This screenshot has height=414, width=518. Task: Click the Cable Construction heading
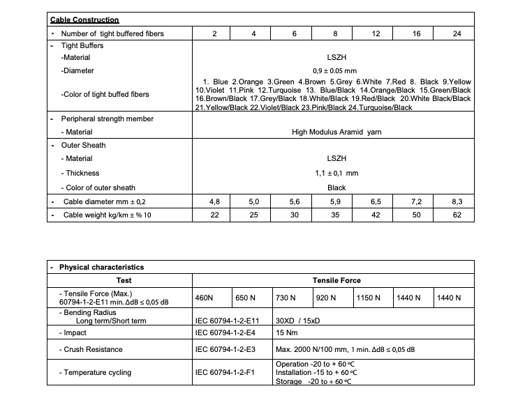[84, 20]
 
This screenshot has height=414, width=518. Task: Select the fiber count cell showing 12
[376, 33]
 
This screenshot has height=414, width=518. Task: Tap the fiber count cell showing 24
[457, 33]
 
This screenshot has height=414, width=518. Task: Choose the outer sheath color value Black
[336, 187]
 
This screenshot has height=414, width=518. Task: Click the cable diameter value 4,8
[214, 201]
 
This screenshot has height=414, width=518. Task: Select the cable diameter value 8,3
[457, 201]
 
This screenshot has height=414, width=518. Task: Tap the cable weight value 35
[335, 215]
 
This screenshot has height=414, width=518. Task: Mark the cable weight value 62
[457, 215]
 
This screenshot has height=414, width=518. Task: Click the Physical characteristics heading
[101, 267]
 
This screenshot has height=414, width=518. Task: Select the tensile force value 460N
[205, 298]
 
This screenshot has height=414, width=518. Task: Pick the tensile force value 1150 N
[368, 298]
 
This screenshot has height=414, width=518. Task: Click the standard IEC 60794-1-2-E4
[225, 333]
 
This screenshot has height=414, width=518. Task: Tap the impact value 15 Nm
[287, 333]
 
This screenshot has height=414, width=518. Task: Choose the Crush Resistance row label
[91, 349]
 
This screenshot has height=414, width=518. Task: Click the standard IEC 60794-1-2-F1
[225, 373]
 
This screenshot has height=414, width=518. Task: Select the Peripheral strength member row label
[108, 118]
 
